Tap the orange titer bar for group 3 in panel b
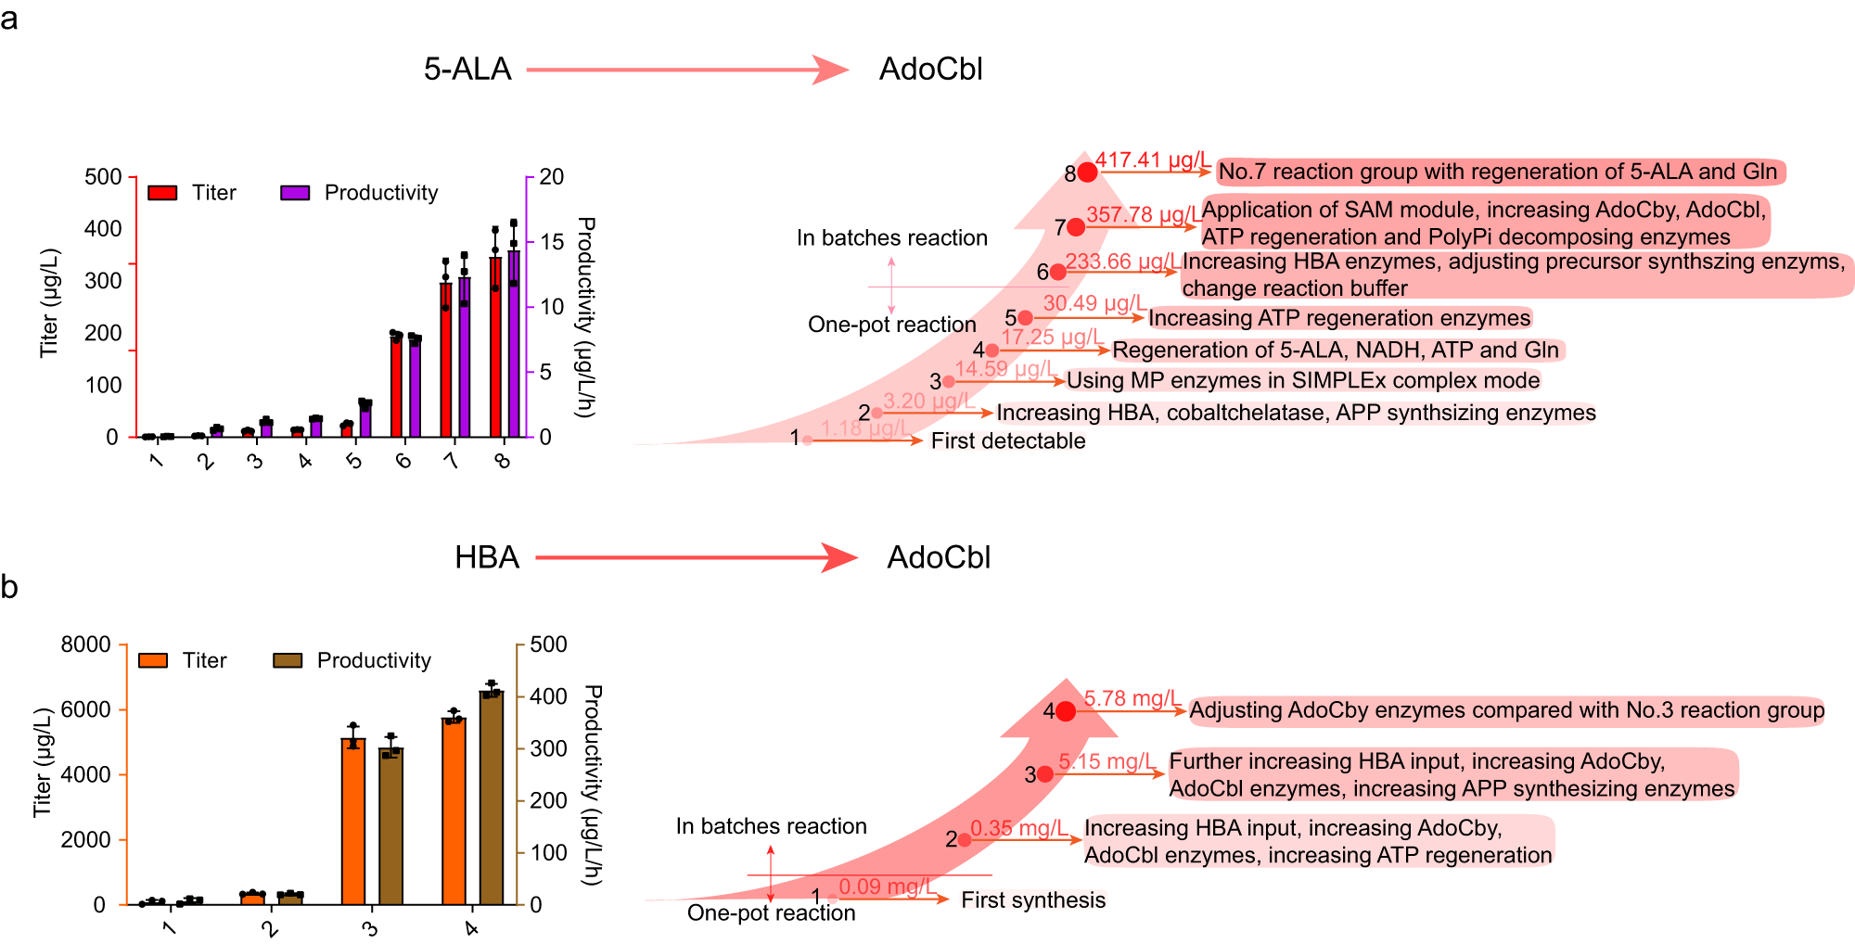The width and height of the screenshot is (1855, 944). click(353, 821)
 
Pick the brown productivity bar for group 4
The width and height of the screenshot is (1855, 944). click(491, 797)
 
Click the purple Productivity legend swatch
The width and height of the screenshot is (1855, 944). click(295, 193)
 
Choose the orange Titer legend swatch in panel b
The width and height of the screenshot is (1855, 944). click(153, 660)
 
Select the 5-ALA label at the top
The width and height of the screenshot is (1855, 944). click(467, 70)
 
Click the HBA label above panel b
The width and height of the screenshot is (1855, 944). click(487, 557)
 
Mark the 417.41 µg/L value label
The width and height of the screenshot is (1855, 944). click(1152, 160)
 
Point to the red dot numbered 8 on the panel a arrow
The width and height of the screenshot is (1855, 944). click(1088, 172)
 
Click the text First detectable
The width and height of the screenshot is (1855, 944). click(1008, 441)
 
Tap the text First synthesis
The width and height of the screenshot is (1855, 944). click(1033, 900)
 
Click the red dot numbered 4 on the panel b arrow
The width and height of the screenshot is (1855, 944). click(1066, 711)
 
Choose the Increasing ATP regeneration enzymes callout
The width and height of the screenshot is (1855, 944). click(1339, 319)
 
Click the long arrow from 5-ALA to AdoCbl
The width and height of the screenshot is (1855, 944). click(686, 70)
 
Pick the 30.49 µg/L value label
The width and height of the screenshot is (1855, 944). click(1094, 303)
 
